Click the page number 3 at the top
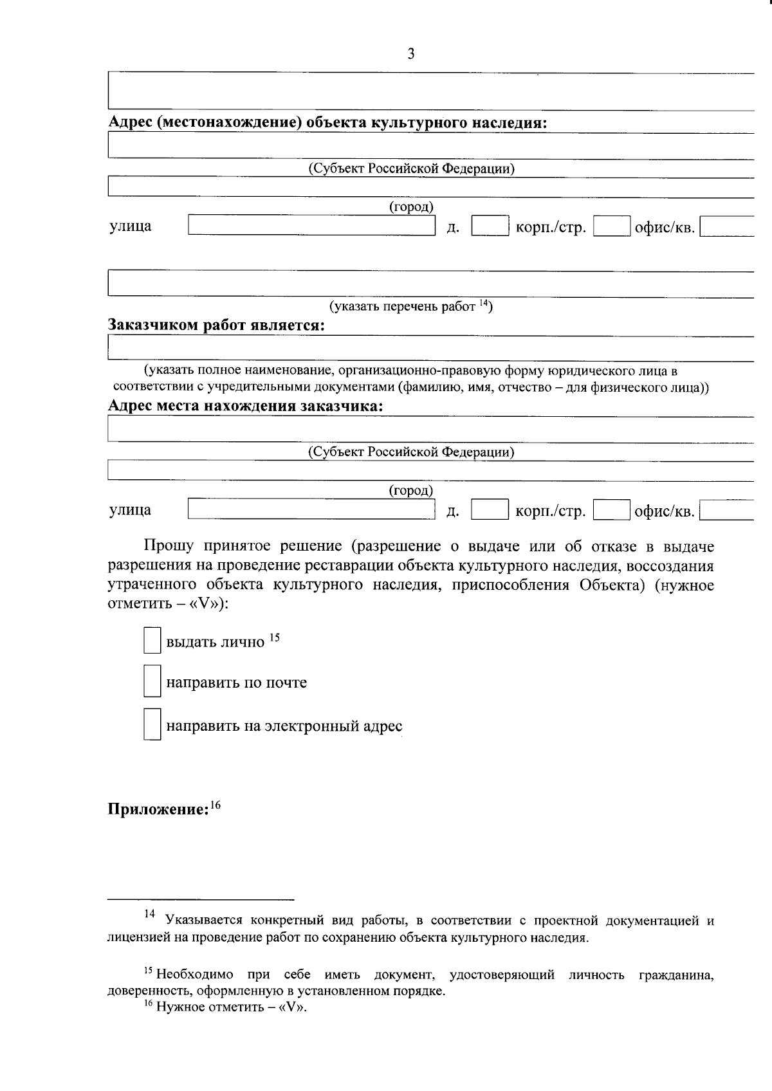point(411,54)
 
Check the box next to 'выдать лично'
point(152,641)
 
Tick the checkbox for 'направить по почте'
point(152,682)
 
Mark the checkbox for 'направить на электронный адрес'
point(152,725)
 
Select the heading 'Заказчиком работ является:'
point(216,325)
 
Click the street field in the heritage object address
point(311,226)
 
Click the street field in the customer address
point(311,510)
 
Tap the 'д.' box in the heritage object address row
point(490,226)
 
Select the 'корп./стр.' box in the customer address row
point(611,511)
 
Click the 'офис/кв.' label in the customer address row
point(665,511)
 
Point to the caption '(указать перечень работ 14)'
point(410,306)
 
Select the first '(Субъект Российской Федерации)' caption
point(411,169)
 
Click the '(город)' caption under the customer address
point(411,491)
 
